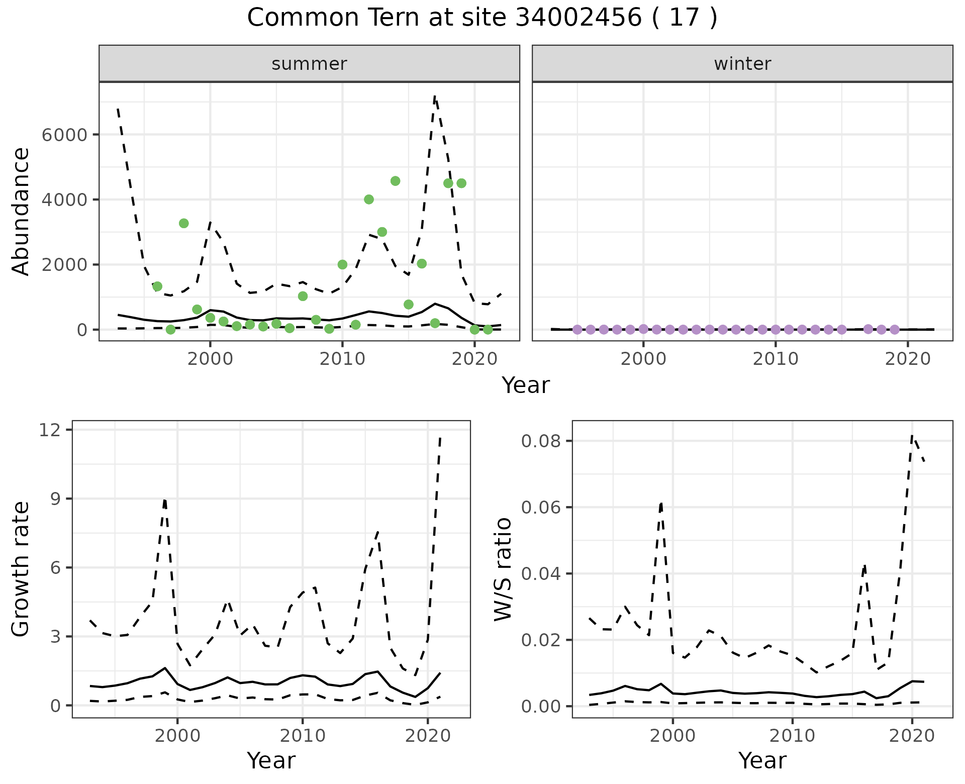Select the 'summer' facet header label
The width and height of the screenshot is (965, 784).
tap(309, 64)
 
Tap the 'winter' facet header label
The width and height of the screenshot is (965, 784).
tap(742, 64)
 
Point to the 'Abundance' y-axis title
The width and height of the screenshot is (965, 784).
tap(21, 212)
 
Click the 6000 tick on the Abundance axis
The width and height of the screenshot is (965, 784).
tap(64, 135)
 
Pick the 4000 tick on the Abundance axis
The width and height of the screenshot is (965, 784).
tap(64, 200)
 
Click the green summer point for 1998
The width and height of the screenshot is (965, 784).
tap(184, 223)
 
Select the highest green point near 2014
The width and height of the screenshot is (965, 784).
tap(395, 181)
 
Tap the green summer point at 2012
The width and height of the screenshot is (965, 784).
tap(369, 200)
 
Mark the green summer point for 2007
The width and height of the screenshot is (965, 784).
tap(303, 296)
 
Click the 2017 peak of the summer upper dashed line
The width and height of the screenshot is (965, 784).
tap(435, 96)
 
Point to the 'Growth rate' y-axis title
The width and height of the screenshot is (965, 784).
tap(21, 569)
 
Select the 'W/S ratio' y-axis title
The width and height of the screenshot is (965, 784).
tap(503, 569)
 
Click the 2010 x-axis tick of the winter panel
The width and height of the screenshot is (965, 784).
tap(776, 359)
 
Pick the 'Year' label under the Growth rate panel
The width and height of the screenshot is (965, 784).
tap(271, 760)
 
